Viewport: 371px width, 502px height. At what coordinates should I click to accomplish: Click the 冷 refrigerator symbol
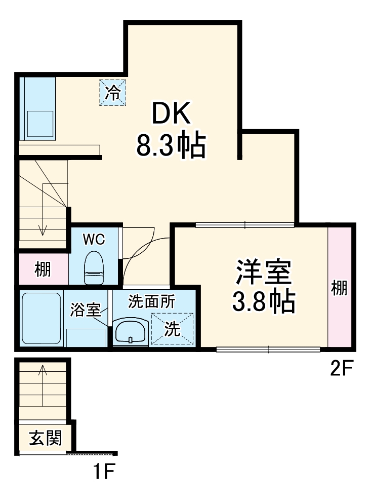click(112, 93)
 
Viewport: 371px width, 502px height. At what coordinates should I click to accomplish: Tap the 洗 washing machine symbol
click(173, 329)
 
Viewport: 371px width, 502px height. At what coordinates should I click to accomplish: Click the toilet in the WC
click(94, 268)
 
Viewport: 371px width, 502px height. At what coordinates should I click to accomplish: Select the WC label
click(94, 240)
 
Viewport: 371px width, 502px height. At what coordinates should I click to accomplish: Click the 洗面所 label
click(151, 302)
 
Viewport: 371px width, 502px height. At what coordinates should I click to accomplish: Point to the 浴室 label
click(86, 310)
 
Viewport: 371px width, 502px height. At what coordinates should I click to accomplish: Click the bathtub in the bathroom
click(42, 319)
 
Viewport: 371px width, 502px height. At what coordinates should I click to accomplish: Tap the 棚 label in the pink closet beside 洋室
click(339, 287)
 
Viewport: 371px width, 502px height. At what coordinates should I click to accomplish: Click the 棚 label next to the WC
click(43, 269)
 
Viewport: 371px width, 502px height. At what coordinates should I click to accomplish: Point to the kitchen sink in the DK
click(40, 121)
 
